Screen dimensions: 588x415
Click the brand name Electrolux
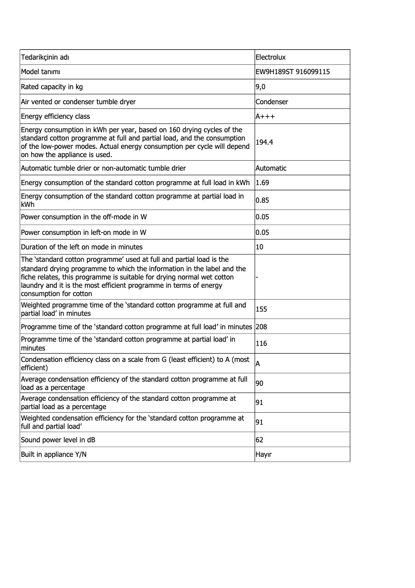click(271, 57)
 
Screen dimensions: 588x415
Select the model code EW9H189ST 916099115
click(293, 72)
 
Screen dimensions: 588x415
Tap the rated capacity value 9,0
click(260, 87)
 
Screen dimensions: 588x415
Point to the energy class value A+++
click(265, 117)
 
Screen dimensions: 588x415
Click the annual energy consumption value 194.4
click(264, 142)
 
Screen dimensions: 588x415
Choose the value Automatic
click(271, 168)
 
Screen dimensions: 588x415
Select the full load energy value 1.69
click(262, 183)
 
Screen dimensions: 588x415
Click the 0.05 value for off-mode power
click(262, 217)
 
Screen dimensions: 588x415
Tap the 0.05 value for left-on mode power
click(262, 232)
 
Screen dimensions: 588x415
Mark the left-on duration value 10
click(260, 247)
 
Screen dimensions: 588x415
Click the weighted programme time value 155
click(261, 310)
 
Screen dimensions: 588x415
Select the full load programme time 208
click(261, 327)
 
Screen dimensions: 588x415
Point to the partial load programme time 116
click(261, 344)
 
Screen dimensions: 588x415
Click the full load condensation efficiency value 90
click(260, 383)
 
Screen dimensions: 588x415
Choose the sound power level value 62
click(260, 440)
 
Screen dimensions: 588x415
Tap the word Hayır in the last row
click(263, 454)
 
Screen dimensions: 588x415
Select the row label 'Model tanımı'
click(41, 72)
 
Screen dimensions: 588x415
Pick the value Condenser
click(272, 102)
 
